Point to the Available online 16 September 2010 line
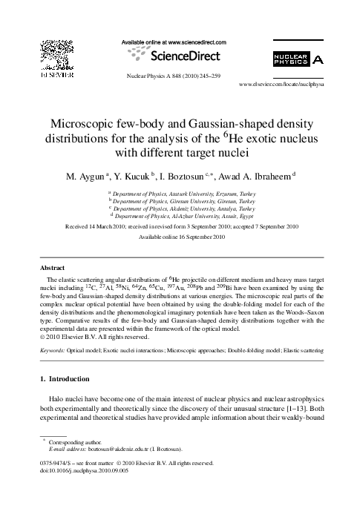coord(180,235)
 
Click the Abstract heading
coord(53,265)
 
